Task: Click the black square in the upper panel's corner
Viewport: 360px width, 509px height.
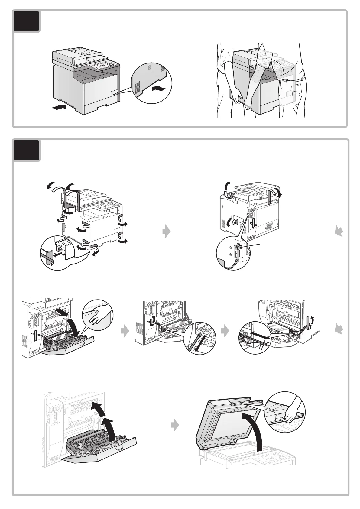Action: (x=26, y=21)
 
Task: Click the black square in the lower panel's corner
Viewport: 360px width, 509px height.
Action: (x=26, y=150)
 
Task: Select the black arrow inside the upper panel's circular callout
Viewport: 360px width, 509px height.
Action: (x=159, y=88)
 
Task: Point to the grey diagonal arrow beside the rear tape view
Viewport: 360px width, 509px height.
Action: (x=339, y=232)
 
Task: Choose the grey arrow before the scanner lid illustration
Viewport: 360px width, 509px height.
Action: (x=174, y=426)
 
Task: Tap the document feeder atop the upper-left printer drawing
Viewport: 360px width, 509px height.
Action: (x=80, y=54)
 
